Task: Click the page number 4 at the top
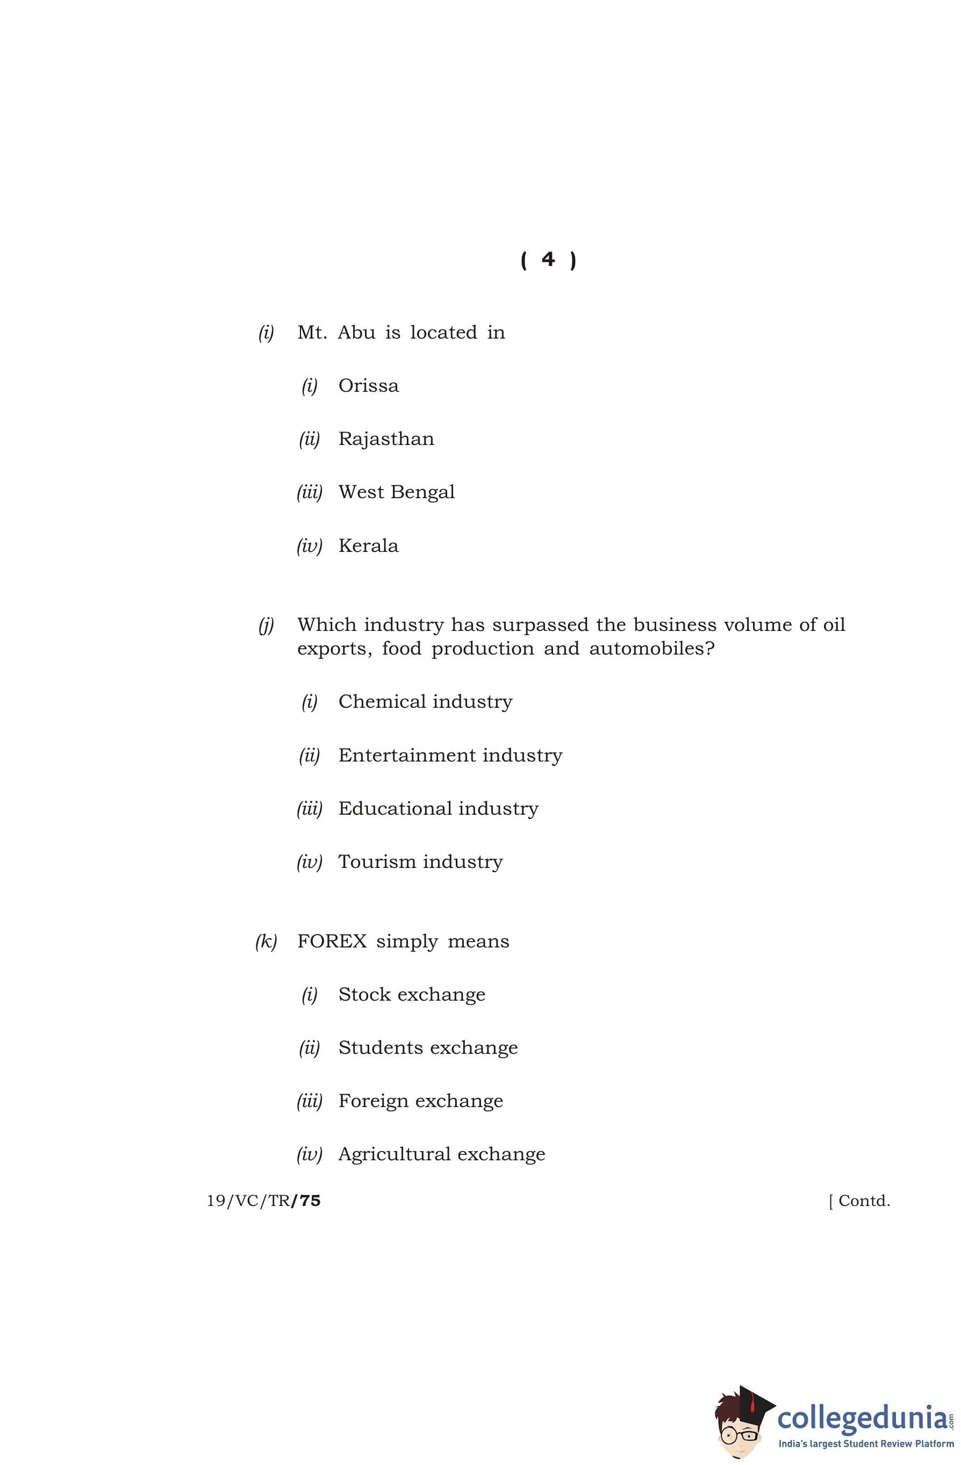point(548,260)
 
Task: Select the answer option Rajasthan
point(386,439)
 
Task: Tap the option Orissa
point(368,386)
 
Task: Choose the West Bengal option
point(397,492)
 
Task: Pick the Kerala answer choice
point(368,546)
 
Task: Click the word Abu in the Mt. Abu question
point(356,333)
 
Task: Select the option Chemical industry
point(425,702)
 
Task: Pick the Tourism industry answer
point(420,862)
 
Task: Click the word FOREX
point(332,941)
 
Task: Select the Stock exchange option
point(412,994)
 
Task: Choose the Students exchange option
point(428,1047)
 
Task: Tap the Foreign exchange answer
point(420,1101)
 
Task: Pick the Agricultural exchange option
point(441,1154)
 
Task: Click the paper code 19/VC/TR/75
point(263,1201)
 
